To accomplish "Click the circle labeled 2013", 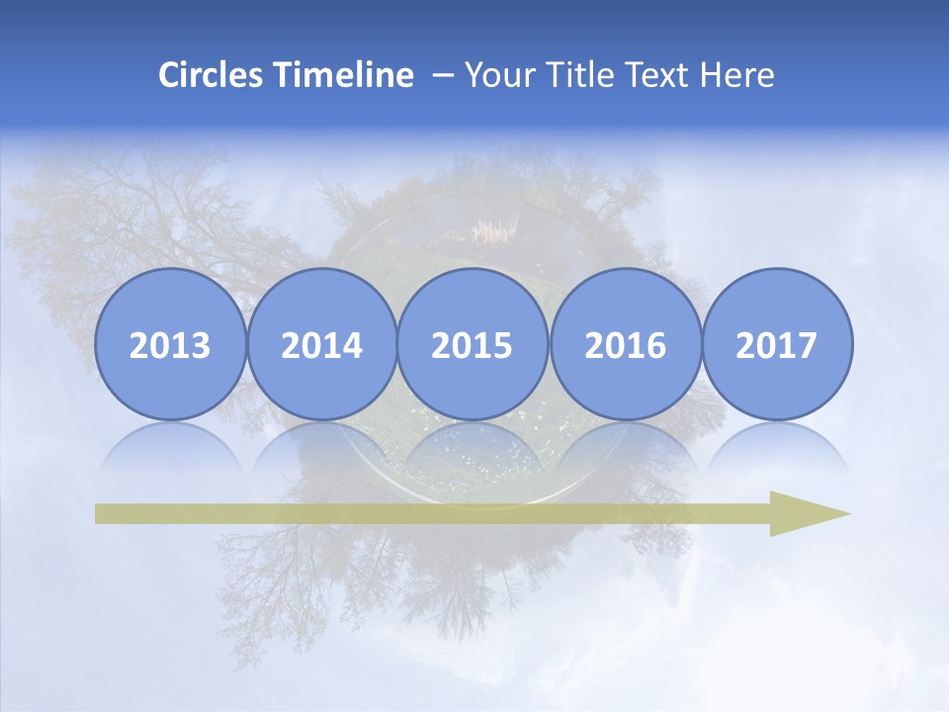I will point(170,345).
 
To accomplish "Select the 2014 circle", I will point(321,345).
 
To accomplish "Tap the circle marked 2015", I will point(473,345).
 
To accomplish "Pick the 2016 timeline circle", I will point(625,345).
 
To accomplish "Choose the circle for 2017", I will point(776,345).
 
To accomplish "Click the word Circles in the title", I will point(213,75).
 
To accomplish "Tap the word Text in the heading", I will point(660,75).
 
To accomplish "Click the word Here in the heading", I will point(738,75).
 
